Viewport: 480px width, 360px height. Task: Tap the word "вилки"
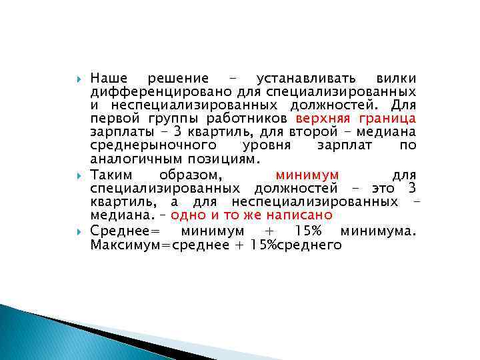point(395,78)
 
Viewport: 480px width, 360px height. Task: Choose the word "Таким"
point(111,175)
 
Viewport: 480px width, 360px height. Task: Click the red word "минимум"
point(307,175)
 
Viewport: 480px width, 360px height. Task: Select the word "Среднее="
point(127,231)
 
